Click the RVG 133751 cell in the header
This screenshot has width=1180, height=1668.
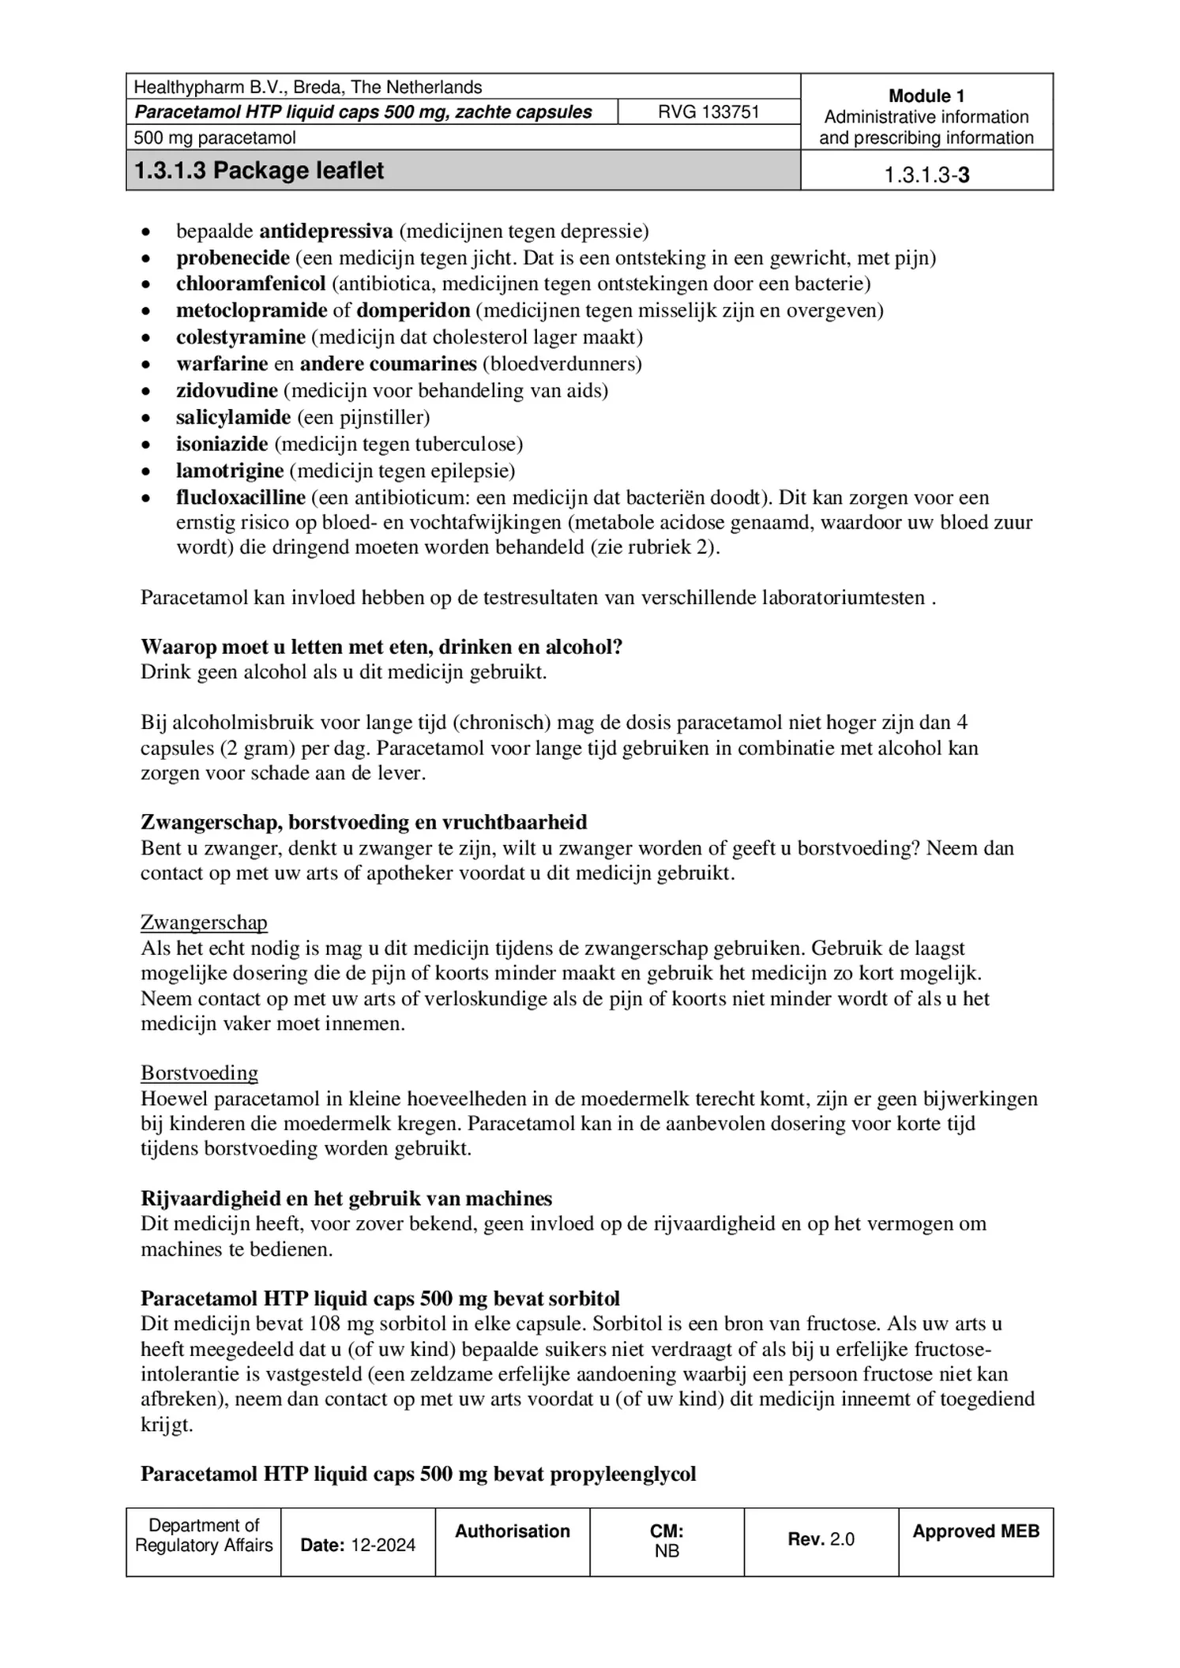708,112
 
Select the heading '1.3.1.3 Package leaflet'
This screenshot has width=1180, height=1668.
259,171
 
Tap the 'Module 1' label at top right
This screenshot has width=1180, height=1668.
926,96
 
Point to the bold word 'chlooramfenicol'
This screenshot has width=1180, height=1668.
250,284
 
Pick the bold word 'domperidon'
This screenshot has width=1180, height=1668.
413,310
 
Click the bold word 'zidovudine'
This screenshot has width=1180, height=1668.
227,390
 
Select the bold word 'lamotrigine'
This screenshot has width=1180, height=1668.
229,471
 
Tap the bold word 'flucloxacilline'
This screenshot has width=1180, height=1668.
240,498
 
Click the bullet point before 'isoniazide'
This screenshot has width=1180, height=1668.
145,445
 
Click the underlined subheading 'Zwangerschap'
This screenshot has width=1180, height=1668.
204,922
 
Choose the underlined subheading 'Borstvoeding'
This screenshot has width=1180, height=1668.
199,1073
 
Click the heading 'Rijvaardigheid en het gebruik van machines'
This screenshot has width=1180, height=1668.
346,1198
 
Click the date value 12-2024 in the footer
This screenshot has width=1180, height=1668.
383,1546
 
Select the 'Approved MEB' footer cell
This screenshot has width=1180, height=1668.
975,1531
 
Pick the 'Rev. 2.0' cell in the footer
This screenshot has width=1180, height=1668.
821,1538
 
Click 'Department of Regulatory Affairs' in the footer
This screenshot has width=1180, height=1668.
204,1535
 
